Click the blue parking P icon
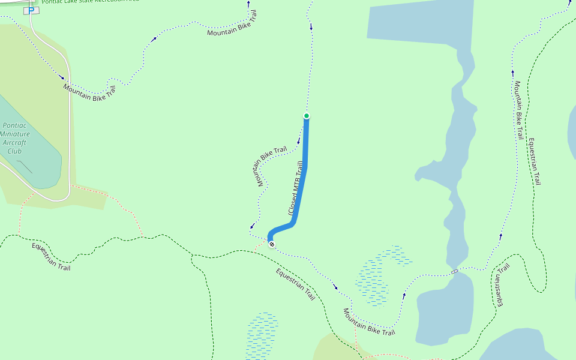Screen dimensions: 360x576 31,10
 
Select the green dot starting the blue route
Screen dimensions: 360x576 307,116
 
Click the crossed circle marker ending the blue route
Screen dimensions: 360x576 272,244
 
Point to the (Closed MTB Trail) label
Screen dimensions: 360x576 295,188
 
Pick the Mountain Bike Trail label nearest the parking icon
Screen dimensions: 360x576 89,92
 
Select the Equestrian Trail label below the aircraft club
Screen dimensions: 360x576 51,257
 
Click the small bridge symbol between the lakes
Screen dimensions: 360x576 455,272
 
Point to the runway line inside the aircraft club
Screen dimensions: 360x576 25,166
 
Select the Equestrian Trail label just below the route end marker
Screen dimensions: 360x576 295,284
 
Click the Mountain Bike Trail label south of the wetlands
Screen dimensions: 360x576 369,322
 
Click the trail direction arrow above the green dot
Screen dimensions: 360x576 311,27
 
